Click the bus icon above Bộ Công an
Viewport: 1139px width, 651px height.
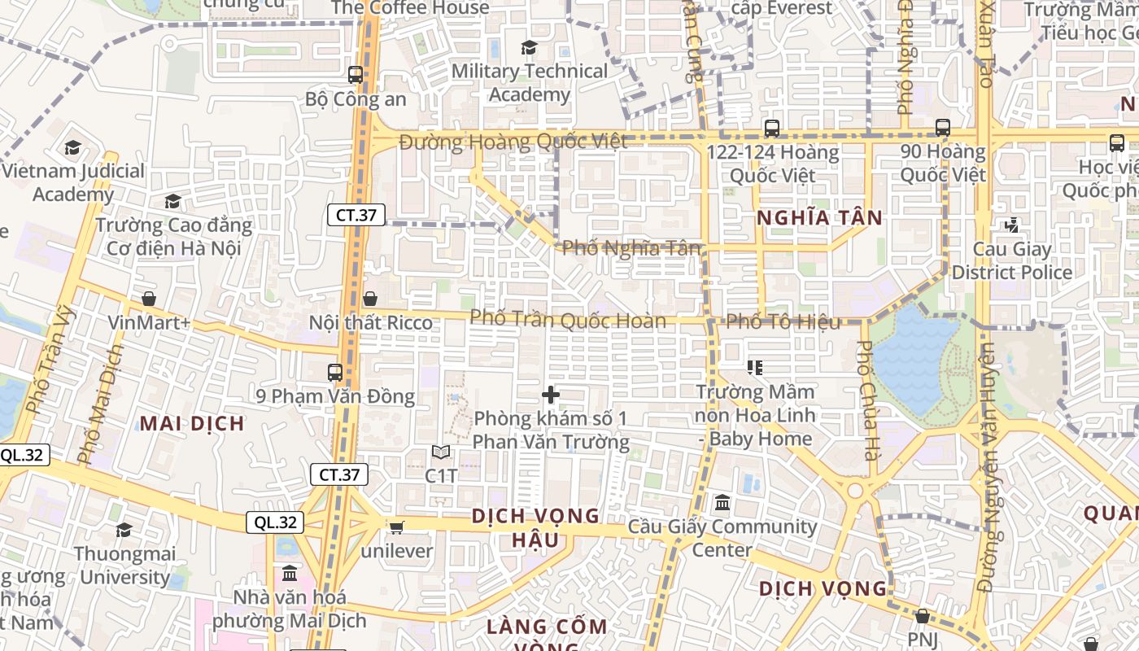(x=356, y=75)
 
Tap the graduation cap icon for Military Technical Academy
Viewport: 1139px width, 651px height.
(x=529, y=48)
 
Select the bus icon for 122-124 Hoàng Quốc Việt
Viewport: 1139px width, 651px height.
(x=771, y=129)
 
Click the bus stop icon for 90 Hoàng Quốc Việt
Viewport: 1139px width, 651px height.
(x=942, y=128)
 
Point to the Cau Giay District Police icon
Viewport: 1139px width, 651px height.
(x=1012, y=225)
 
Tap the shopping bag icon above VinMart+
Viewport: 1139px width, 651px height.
(x=148, y=299)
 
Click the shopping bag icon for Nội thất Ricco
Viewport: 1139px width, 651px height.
(x=370, y=299)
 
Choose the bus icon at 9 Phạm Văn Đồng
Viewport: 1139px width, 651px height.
(x=334, y=373)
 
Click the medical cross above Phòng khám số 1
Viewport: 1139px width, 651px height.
(x=551, y=395)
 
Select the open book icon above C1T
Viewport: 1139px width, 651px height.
(x=441, y=452)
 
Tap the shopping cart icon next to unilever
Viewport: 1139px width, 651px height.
(x=396, y=527)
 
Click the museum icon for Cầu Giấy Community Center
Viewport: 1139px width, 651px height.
(x=722, y=503)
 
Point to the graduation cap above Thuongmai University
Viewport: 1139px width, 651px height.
(x=124, y=531)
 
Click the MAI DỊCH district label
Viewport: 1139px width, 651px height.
(x=192, y=423)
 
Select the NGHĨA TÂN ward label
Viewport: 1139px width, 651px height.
(x=819, y=217)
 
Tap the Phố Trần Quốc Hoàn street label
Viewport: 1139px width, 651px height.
(x=568, y=319)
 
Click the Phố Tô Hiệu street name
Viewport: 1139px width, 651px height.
(x=783, y=322)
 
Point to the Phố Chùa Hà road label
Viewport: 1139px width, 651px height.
(x=868, y=399)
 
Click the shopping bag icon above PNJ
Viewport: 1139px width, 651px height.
(x=922, y=616)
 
